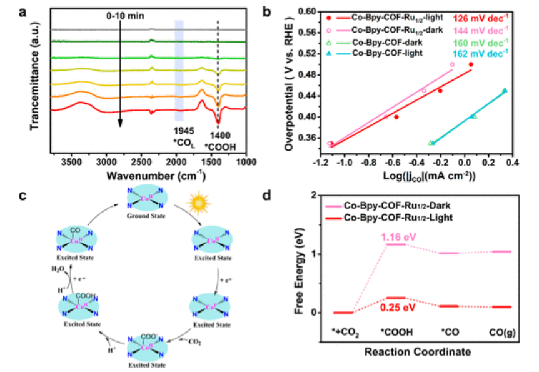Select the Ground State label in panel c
[145, 218]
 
